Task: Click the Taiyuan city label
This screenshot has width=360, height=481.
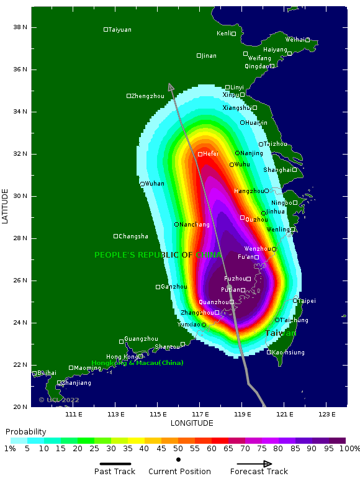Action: [120, 30]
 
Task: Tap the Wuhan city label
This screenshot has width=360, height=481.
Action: [155, 184]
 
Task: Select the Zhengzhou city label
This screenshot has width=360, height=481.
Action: [148, 96]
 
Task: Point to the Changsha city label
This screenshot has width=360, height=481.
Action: [133, 236]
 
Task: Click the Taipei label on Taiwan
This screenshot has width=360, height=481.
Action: [307, 301]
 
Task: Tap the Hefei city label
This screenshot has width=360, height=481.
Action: [210, 154]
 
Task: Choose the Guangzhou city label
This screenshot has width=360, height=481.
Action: [141, 339]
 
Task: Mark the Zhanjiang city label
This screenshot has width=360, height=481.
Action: [76, 383]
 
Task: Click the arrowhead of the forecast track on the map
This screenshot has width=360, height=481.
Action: [171, 87]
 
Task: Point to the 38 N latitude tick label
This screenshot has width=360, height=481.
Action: [20, 27]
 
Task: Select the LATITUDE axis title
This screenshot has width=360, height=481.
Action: [6, 207]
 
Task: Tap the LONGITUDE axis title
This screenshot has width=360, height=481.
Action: [192, 423]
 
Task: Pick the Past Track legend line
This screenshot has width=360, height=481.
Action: [115, 464]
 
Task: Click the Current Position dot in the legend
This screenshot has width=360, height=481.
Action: [179, 460]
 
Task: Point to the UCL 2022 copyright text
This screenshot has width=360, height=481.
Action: [59, 400]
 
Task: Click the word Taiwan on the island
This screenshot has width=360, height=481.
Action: [281, 333]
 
